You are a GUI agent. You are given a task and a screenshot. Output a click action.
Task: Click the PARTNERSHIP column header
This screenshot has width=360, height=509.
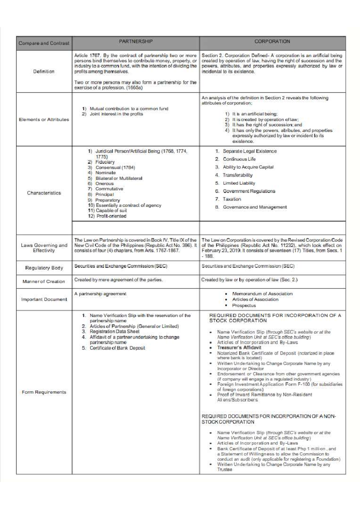point(136,41)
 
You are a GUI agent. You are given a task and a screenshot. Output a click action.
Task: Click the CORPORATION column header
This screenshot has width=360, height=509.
point(272,41)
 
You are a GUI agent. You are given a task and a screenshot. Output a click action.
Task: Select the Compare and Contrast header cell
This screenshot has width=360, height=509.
point(44,43)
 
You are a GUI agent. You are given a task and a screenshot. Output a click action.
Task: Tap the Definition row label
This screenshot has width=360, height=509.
point(44,72)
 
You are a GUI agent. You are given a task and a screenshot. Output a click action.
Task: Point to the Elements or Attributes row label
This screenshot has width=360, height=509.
point(44,120)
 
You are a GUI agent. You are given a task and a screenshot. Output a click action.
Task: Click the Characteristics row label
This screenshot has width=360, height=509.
point(44,193)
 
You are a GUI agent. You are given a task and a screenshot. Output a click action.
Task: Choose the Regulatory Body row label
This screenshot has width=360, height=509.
point(44,268)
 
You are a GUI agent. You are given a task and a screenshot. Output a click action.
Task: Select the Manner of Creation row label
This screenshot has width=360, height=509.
point(44,281)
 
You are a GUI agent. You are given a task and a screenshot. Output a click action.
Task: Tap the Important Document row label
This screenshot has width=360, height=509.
point(44,299)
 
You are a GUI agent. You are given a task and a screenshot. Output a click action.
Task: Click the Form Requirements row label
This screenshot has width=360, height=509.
point(44,392)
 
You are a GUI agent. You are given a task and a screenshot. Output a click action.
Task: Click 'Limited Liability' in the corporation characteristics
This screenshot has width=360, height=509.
point(239,183)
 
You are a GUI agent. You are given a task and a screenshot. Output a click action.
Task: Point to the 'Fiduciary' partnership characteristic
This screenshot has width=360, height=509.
point(105,162)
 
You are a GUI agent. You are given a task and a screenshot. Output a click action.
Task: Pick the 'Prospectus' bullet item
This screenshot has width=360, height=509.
point(244,305)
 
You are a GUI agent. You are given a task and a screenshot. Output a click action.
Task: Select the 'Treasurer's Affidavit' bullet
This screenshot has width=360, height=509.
point(239,348)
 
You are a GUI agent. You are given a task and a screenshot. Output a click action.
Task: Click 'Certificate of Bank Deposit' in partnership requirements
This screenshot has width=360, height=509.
point(117,348)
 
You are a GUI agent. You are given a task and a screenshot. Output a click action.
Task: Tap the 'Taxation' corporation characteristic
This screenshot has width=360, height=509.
point(232,199)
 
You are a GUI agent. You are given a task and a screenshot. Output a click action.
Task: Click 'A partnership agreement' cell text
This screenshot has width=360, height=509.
point(100,294)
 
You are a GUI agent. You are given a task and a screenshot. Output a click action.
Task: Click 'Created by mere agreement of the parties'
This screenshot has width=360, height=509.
point(118,280)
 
